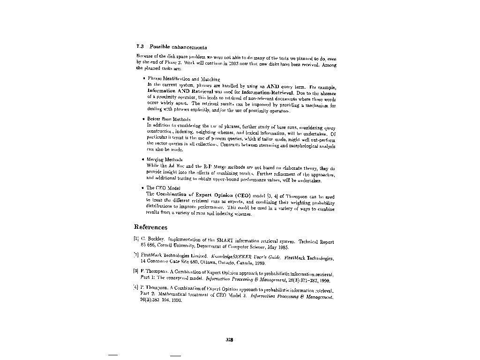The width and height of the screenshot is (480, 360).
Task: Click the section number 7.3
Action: (139, 47)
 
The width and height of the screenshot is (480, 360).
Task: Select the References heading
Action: (150, 227)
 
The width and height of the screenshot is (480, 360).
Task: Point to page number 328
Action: (229, 340)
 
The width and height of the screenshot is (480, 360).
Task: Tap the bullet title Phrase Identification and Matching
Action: (184, 79)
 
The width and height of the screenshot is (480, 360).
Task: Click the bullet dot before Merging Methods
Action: (142, 160)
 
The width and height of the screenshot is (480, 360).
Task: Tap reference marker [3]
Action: (136, 271)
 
